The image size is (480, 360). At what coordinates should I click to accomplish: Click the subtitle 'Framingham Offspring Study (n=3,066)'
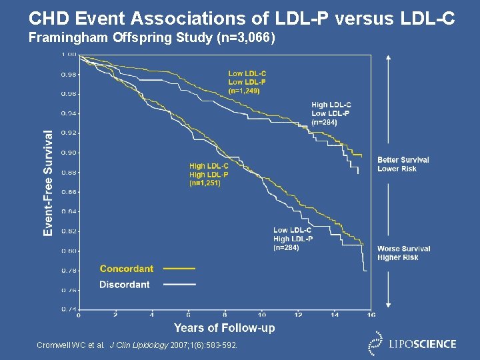[x=151, y=38]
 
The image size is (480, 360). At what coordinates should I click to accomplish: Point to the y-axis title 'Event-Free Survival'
[x=48, y=183]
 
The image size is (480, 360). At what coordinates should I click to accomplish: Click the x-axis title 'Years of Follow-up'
[x=224, y=327]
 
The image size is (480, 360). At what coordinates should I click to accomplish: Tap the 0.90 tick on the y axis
[x=69, y=153]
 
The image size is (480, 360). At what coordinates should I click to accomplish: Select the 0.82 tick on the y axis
[x=69, y=231]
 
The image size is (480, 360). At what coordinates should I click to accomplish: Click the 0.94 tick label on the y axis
[x=69, y=113]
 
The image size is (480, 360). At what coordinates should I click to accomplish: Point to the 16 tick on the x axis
[x=371, y=315]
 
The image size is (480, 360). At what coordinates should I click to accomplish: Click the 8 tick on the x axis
[x=225, y=315]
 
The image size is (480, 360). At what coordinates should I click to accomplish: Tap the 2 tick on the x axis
[x=115, y=315]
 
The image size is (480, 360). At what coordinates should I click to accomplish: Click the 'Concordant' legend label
[x=126, y=269]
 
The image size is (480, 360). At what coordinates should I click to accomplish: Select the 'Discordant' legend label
[x=125, y=285]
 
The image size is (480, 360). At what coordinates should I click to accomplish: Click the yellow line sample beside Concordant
[x=179, y=269]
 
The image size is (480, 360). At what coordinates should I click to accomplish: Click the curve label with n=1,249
[x=247, y=82]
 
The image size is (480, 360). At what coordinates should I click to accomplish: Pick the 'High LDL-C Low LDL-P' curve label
[x=331, y=113]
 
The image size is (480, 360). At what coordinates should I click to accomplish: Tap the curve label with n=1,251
[x=209, y=174]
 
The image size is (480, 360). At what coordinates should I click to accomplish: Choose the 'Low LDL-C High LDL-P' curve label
[x=293, y=239]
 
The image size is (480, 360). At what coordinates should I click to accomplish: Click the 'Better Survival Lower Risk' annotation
[x=403, y=164]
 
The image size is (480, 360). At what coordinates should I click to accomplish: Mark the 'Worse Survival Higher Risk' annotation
[x=403, y=253]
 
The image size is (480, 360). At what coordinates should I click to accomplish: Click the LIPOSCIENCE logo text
[x=423, y=344]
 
